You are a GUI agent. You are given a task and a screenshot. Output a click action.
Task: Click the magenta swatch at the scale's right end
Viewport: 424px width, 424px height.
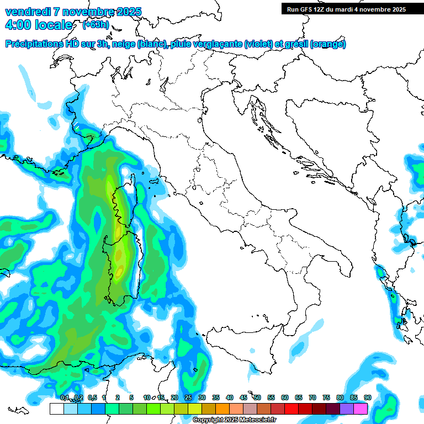click(x=361, y=409)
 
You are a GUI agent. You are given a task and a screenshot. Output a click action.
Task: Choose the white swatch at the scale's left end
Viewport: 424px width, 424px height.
click(x=56, y=409)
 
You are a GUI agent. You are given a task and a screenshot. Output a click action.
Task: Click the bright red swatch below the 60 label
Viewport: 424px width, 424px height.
click(x=291, y=409)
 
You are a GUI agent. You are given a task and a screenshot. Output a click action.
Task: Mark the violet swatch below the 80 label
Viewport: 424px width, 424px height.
click(x=347, y=409)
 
